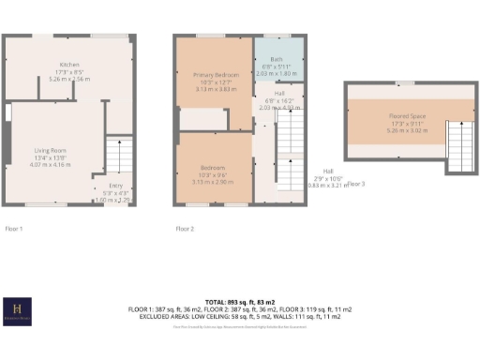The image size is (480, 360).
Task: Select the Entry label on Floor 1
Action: [115, 187]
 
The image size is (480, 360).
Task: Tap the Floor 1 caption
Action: [14, 228]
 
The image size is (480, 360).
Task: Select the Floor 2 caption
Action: [185, 228]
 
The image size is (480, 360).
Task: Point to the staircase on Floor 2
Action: [289, 155]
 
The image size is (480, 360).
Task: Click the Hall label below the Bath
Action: [279, 93]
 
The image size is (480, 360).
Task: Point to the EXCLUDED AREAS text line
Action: [239, 316]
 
